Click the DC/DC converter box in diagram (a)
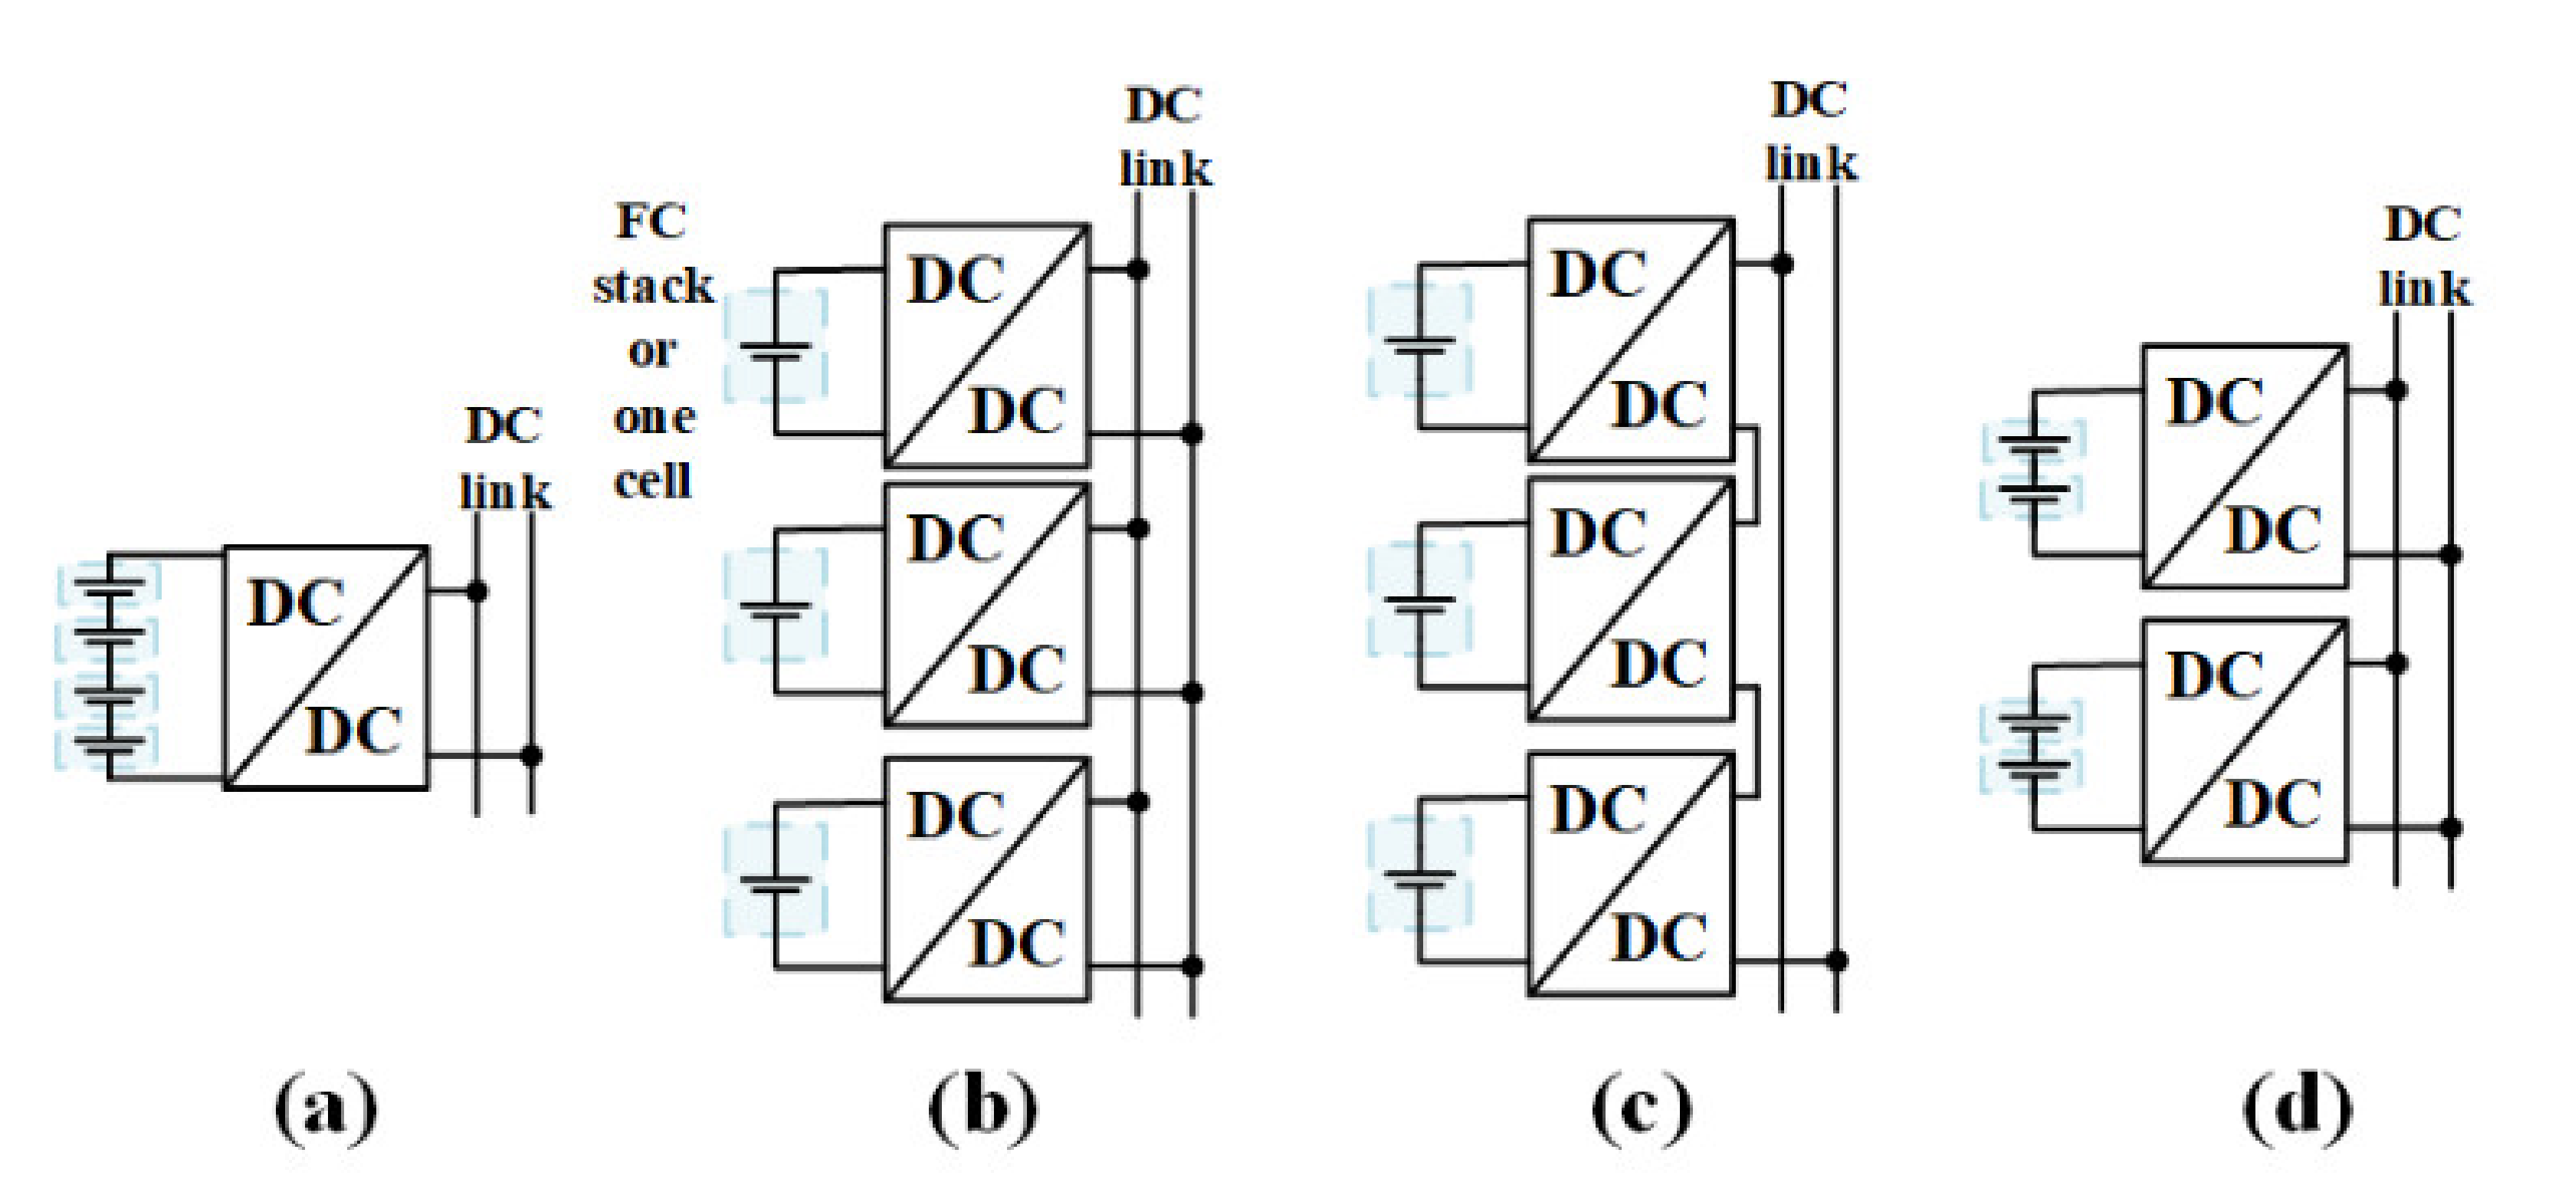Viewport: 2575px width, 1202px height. coord(326,668)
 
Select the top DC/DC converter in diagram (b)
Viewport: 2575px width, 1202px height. coord(986,346)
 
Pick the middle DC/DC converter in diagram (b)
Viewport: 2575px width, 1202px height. coord(986,604)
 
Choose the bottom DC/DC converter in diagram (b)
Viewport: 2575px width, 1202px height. coord(986,879)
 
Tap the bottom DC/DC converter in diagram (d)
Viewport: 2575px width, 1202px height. coord(2244,741)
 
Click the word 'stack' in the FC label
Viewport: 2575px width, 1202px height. coord(653,287)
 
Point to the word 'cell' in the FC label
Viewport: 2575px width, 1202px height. coord(653,483)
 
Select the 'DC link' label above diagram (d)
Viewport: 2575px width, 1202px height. coord(2423,256)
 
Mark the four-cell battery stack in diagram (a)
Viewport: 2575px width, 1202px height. coord(108,666)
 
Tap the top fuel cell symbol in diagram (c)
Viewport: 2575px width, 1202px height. coord(1419,342)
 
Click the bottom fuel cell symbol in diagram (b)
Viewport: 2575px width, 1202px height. coord(776,881)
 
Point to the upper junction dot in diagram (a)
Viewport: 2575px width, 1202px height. coord(477,591)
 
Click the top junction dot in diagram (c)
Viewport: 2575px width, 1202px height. coord(1781,264)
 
